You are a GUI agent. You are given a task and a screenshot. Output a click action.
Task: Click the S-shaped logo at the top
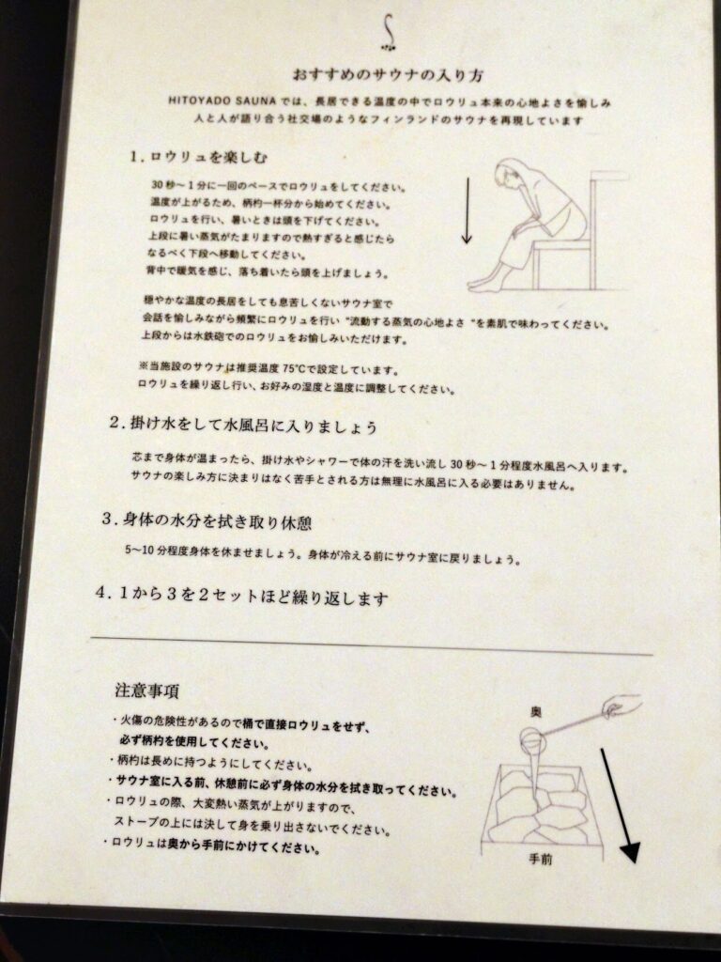(389, 32)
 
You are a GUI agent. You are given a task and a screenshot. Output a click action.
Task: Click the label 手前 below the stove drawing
(537, 859)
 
